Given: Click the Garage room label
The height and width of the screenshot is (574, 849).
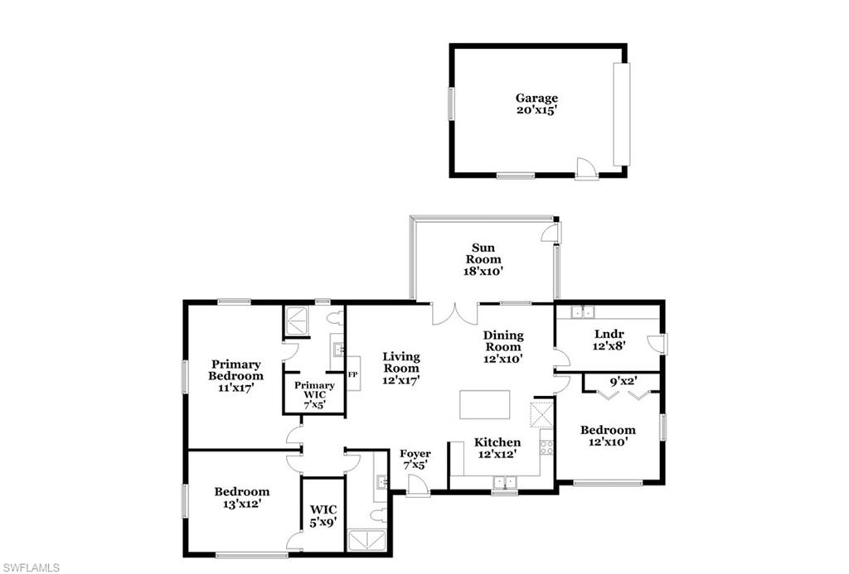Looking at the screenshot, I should (x=536, y=98).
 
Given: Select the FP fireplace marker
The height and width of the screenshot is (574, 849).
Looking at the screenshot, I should (x=352, y=374).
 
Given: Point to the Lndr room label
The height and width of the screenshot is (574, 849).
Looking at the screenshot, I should (x=609, y=335).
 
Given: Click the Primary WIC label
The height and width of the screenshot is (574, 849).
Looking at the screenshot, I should (x=314, y=386).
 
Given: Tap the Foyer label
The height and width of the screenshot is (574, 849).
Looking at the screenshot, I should (x=415, y=454).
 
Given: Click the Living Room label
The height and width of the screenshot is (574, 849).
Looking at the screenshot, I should (x=401, y=362).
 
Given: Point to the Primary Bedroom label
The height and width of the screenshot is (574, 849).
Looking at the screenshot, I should (x=235, y=369).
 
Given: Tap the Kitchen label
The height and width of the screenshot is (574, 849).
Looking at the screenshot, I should (x=497, y=442).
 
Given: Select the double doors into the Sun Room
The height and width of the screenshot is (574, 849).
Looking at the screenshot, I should (x=454, y=313).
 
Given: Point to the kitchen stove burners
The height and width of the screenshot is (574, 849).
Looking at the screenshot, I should (x=546, y=447).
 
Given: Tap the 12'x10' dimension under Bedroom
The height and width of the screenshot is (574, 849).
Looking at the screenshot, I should (x=608, y=441).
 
